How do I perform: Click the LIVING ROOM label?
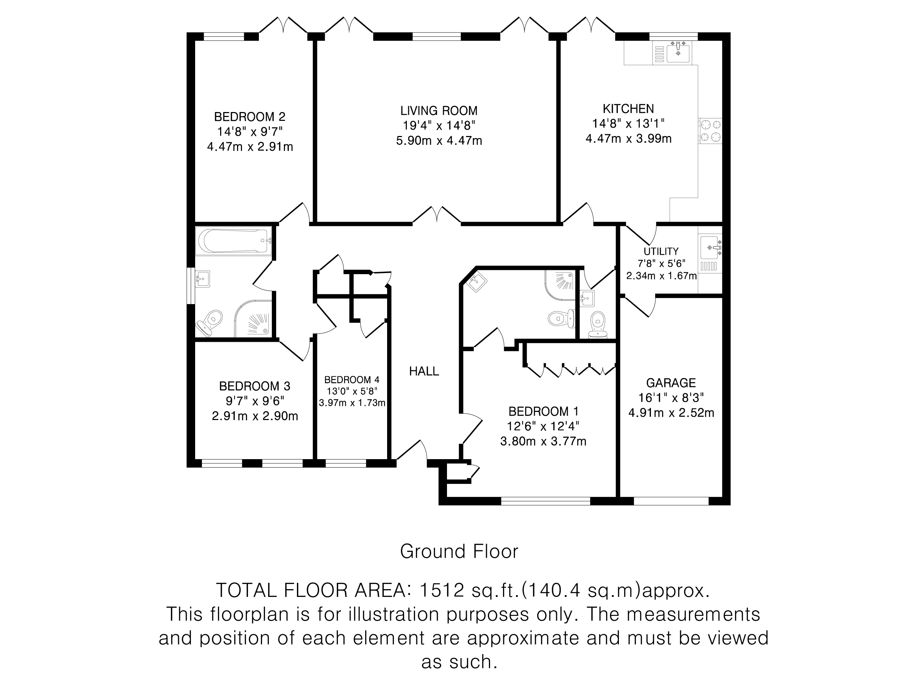[x=439, y=111]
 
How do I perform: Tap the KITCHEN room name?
[x=628, y=109]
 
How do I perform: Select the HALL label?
[x=424, y=371]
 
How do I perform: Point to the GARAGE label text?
[x=671, y=383]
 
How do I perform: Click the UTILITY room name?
[x=661, y=251]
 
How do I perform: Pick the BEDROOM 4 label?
[x=352, y=379]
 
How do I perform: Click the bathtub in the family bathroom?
[x=234, y=241]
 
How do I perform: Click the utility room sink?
[x=710, y=247]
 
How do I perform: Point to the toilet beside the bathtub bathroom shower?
[x=211, y=321]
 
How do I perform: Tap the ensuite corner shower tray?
[x=561, y=284]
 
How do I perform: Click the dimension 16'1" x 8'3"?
[x=671, y=397]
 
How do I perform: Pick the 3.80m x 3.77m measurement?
[x=543, y=442]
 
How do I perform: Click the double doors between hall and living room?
[x=437, y=216]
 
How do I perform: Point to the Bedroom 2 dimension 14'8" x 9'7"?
[x=250, y=132]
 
